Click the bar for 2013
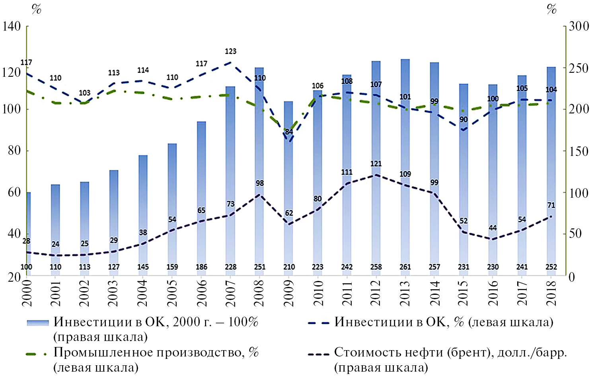[x=405, y=167]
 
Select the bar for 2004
[x=143, y=215]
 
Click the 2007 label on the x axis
[x=231, y=293]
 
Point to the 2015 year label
[x=463, y=293]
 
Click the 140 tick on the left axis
[x=12, y=27]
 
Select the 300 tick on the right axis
[x=578, y=27]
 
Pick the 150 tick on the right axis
[x=578, y=151]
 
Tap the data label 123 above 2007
[x=231, y=51]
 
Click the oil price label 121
[x=376, y=164]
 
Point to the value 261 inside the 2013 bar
[x=405, y=267]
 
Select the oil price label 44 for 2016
[x=493, y=228]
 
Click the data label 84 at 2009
[x=289, y=132]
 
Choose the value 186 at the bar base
[x=201, y=267]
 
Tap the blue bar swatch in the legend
[x=38, y=323]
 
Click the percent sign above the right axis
[x=551, y=9]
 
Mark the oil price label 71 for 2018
[x=551, y=205]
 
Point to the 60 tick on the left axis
[x=14, y=193]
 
